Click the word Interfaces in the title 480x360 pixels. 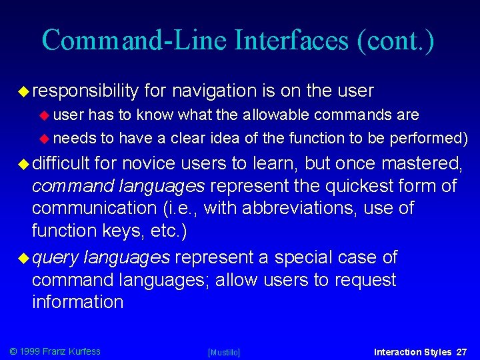[291, 40]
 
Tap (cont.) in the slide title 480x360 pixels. [396, 40]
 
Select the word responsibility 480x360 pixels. [85, 91]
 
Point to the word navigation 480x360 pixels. [213, 91]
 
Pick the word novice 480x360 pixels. [151, 163]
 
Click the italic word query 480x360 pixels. [56, 257]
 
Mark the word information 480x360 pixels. [77, 302]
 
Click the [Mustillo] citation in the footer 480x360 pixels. [224, 352]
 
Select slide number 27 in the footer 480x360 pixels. [461, 351]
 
